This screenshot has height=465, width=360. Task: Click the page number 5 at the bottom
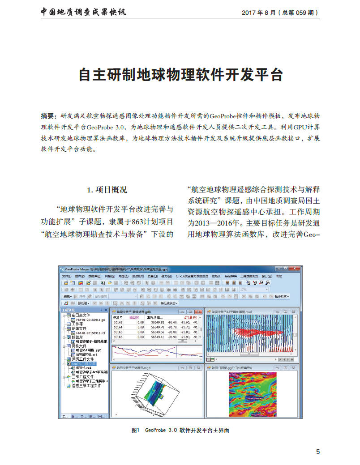(318, 452)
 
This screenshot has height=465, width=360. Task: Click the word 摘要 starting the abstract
(47, 115)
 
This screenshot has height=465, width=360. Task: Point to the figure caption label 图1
(136, 430)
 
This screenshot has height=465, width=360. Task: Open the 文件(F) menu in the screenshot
(67, 277)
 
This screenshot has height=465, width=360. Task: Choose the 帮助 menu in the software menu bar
(279, 277)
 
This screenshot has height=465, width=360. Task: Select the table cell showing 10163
(118, 322)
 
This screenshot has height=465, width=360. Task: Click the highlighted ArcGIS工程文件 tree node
(83, 364)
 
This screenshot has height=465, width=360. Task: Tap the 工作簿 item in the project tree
(79, 324)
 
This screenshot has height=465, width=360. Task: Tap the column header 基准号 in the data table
(118, 317)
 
